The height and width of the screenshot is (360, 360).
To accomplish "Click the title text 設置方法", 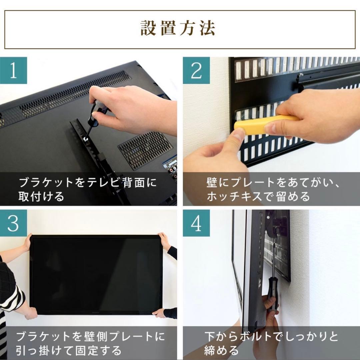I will click(x=178, y=29).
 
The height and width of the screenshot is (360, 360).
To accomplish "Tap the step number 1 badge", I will click(x=13, y=70).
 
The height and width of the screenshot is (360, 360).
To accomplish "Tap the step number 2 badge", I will click(x=196, y=70).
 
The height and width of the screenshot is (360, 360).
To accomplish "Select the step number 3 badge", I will click(x=13, y=223).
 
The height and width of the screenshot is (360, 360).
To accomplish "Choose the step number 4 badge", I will click(x=196, y=223).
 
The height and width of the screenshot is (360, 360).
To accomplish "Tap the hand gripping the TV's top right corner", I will click(x=164, y=241).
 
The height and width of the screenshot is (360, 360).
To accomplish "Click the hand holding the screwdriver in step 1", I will click(x=133, y=107).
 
